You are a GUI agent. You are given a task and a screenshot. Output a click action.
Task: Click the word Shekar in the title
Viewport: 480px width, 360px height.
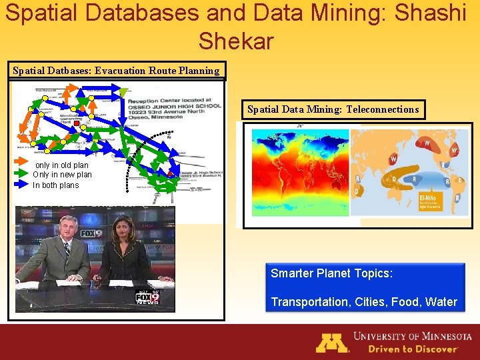tap(236, 41)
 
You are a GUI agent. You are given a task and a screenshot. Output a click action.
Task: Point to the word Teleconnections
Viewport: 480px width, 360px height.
tap(383, 109)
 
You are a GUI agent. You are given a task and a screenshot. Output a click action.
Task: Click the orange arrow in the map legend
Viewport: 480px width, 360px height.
tap(24, 165)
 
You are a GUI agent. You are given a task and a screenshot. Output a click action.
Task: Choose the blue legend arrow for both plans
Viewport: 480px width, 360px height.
tap(24, 185)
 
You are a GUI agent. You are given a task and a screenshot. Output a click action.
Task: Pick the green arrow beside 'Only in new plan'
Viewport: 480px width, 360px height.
tap(24, 175)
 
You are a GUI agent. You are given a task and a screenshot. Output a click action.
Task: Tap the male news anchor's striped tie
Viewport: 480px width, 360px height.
tap(67, 250)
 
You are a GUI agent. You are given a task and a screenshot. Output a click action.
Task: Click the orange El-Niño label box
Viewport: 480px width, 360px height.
tap(431, 202)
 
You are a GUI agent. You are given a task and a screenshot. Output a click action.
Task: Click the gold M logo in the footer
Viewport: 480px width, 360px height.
tap(332, 342)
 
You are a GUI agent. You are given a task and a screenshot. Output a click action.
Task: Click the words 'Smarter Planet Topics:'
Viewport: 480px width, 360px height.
tap(331, 273)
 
